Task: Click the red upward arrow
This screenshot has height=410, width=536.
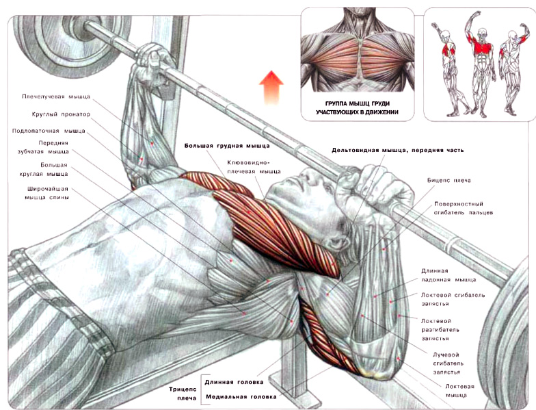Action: tap(271, 88)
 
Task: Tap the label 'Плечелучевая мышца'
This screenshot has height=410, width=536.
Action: tap(56, 97)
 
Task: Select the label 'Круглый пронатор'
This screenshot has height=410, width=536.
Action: tap(61, 114)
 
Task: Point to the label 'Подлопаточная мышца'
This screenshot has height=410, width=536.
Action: tap(49, 131)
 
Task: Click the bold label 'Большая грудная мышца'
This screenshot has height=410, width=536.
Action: tap(227, 146)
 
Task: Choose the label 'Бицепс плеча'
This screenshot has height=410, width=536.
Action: tap(448, 181)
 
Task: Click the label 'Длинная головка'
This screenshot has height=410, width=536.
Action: tap(234, 382)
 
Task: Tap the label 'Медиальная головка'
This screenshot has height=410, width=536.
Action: tap(241, 397)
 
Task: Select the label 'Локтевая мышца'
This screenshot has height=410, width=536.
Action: tap(459, 390)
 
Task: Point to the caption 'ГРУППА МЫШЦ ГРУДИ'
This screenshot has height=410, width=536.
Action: tap(357, 103)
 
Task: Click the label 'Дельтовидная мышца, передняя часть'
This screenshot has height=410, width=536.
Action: tap(398, 151)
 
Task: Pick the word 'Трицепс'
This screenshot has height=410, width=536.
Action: tap(183, 389)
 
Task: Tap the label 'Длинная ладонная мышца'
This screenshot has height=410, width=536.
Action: tap(448, 275)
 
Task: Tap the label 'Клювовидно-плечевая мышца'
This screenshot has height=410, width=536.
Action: tap(254, 167)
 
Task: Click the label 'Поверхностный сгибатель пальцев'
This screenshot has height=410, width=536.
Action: tap(464, 208)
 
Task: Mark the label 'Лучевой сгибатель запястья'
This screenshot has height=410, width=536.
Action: tap(446, 363)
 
